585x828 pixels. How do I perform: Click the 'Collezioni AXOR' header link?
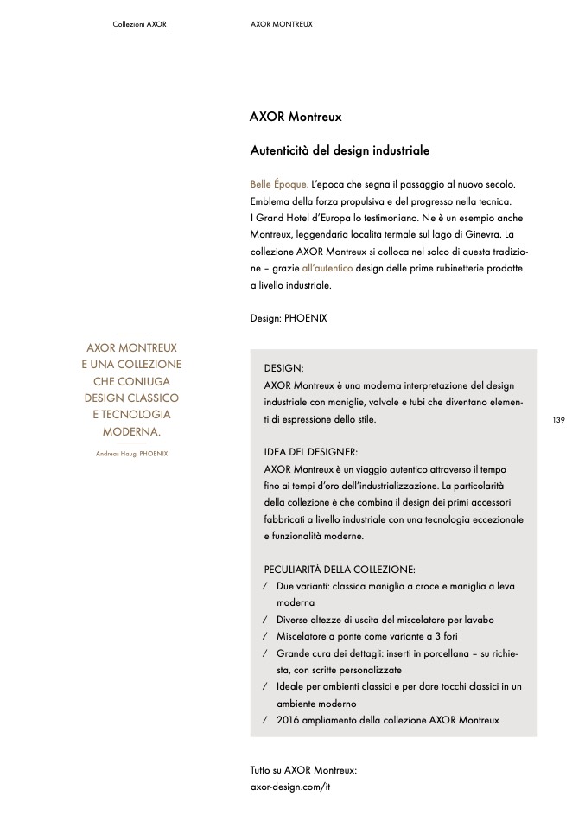tap(139, 24)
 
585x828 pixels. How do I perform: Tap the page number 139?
tap(557, 420)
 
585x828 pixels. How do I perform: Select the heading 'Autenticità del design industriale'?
tap(340, 150)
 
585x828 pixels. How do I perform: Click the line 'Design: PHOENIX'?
tap(289, 318)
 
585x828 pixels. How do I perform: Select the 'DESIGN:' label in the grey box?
tap(283, 367)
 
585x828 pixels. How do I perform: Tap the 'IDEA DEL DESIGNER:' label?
tap(310, 451)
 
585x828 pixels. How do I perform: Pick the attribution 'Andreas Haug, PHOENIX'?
tap(131, 453)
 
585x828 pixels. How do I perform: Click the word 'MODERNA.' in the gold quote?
tap(131, 431)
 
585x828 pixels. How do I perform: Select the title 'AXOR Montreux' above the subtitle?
tap(296, 116)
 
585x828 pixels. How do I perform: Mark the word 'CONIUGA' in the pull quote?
tap(131, 381)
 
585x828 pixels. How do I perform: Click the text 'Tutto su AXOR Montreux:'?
tap(303, 769)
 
